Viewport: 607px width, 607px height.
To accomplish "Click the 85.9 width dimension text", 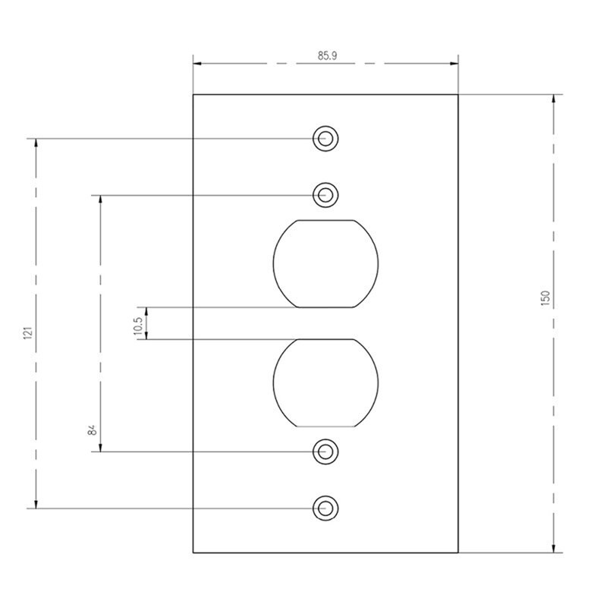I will pos(327,55).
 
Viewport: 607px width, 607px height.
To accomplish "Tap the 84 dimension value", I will pos(92,430).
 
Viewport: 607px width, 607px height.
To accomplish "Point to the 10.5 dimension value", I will pos(138,325).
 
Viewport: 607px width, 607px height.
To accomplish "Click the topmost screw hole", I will pos(326,139).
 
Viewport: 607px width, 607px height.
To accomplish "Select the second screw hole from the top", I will pos(326,195).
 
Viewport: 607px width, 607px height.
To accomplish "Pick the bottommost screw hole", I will pos(326,508).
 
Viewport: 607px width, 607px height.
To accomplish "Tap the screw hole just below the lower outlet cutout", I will pos(326,451).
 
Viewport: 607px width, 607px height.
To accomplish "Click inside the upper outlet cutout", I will pos(326,263).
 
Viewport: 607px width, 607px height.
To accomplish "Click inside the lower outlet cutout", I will pos(326,382).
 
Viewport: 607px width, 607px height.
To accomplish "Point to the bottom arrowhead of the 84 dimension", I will pos(100,447).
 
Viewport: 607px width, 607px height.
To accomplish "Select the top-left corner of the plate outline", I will pos(193,95).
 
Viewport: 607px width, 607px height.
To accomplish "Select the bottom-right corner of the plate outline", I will pos(458,552).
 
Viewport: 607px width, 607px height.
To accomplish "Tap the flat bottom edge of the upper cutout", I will pos(326,307).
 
